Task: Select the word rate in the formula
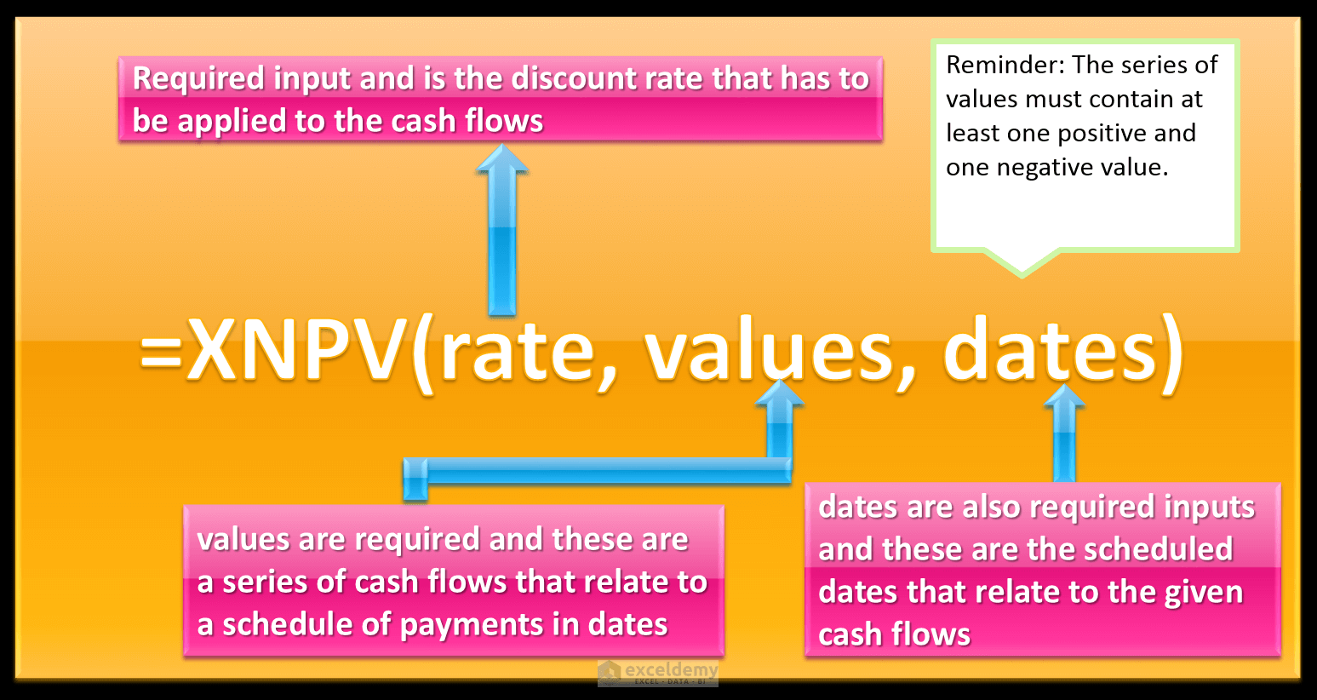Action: tap(518, 352)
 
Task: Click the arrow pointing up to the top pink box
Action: tap(502, 230)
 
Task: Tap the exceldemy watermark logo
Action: tap(658, 673)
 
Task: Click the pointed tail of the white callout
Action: tap(1022, 266)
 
